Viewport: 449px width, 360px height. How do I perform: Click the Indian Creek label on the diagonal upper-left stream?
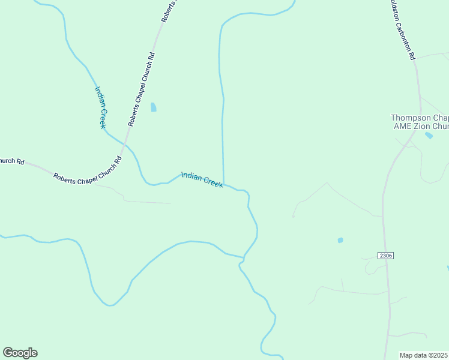[x=100, y=107]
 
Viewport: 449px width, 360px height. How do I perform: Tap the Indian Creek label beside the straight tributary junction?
[x=202, y=180]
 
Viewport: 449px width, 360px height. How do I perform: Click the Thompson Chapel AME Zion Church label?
[x=420, y=122]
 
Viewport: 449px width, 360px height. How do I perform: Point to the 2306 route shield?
[x=385, y=256]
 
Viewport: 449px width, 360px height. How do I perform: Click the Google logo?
[x=20, y=353]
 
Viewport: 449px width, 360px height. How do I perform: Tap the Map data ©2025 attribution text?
[x=424, y=355]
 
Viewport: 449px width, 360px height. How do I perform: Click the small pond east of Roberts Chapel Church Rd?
[x=154, y=107]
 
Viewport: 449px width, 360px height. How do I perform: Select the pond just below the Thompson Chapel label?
[x=429, y=136]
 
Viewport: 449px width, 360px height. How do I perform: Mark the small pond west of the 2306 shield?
[x=340, y=240]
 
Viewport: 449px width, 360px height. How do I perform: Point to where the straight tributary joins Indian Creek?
[x=224, y=184]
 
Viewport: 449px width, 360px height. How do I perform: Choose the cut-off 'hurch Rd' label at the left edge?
[x=12, y=161]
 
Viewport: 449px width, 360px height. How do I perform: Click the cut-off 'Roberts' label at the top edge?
[x=170, y=11]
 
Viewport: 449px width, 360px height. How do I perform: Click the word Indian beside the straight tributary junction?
[x=191, y=176]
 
